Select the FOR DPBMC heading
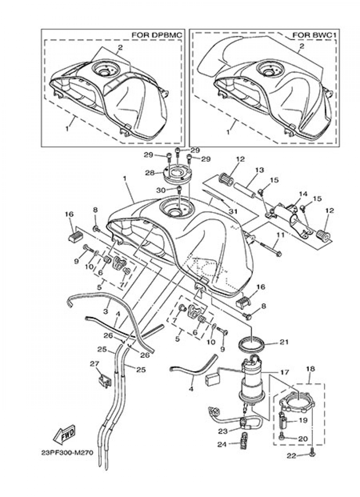point(157,35)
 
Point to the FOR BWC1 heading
point(315,35)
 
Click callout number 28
point(150,173)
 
